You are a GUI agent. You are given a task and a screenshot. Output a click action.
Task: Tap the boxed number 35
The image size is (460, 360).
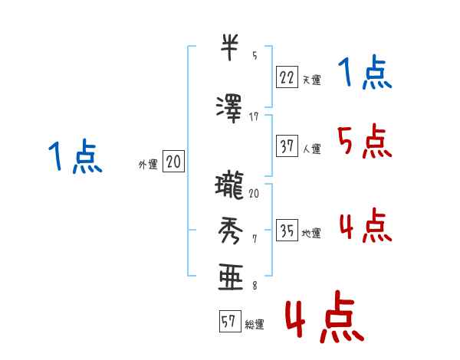[x=287, y=231]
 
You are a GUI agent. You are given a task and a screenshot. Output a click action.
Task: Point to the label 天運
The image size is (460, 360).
[x=311, y=79]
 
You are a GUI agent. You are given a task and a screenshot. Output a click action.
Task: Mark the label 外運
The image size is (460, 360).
[x=147, y=164]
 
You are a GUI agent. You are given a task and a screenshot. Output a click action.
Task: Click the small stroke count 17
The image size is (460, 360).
[x=255, y=116]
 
